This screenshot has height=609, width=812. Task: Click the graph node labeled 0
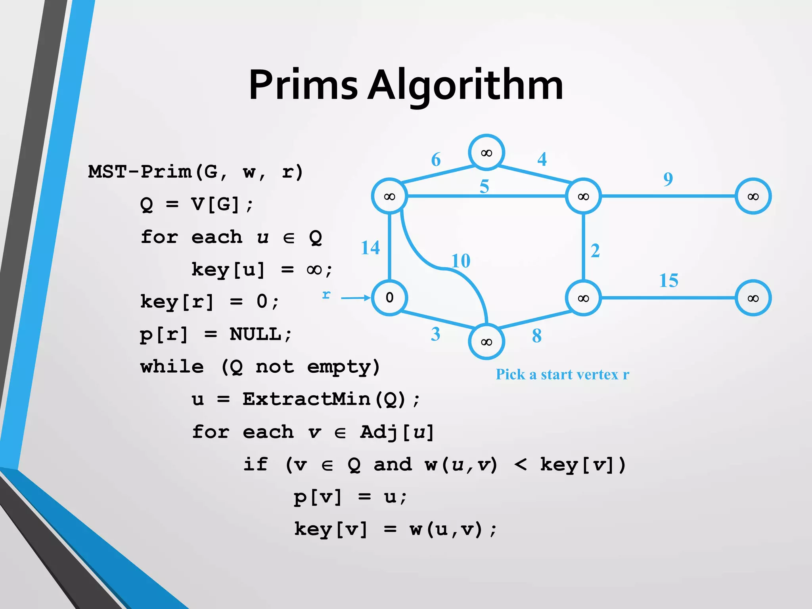tap(389, 297)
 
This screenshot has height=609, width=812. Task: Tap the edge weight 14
tap(370, 248)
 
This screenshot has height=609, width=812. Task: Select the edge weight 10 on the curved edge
tap(461, 261)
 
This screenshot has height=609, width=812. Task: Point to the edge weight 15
tap(668, 281)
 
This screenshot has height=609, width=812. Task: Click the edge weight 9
tap(668, 179)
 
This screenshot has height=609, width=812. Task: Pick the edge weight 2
tap(595, 251)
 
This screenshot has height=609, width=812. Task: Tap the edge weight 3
tap(435, 334)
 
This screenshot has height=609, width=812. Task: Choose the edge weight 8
tap(536, 336)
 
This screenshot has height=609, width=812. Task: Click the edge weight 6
tap(436, 159)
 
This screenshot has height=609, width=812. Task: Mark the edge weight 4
tap(542, 159)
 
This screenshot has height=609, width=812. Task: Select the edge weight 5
tap(484, 186)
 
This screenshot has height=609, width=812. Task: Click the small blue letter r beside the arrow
tap(326, 295)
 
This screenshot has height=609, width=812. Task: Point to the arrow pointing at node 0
tap(355, 298)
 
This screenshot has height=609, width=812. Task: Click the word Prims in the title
tap(303, 85)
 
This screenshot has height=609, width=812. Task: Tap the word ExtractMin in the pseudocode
tap(306, 399)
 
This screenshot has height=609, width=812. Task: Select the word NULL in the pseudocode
tap(255, 334)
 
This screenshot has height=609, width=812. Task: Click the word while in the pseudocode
tap(172, 367)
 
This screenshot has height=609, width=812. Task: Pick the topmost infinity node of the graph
tap(486, 153)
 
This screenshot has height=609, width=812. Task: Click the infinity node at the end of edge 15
tap(753, 298)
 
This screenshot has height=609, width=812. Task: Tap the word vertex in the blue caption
tap(598, 375)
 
